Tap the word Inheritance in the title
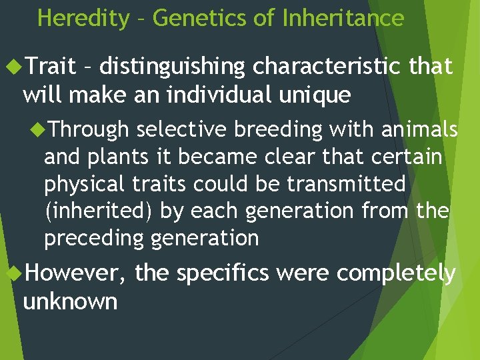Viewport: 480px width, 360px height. [x=343, y=18]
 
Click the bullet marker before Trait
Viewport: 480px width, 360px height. [x=13, y=67]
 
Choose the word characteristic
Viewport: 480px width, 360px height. [x=327, y=67]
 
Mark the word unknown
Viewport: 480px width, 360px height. [x=70, y=301]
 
